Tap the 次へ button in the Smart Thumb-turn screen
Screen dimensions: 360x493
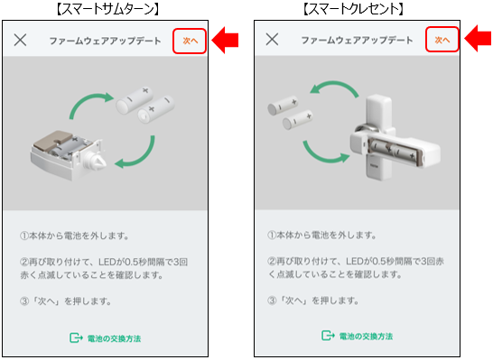pos(190,41)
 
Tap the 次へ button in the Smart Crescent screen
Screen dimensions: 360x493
pos(442,41)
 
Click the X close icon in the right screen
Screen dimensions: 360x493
pos(274,41)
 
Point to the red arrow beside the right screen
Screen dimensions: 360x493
pos(478,41)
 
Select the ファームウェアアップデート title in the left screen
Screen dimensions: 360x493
pos(105,42)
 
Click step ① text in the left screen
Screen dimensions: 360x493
pos(80,236)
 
